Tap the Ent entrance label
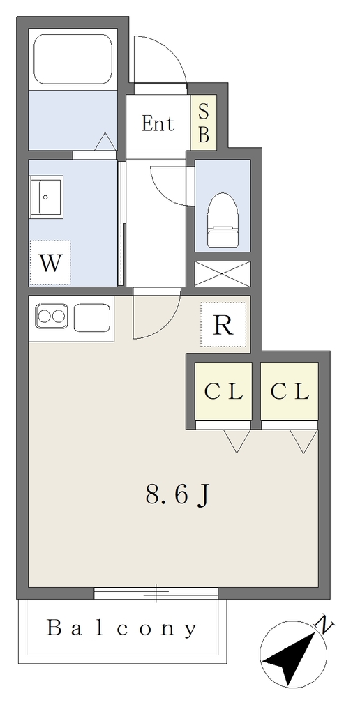[158, 123]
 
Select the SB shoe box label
[204, 123]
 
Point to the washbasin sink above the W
[45, 198]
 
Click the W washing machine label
[50, 263]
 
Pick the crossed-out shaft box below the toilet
[223, 273]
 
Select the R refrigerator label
[223, 325]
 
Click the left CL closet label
[223, 392]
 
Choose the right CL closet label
[290, 392]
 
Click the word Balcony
[122, 629]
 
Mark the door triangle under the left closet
[237, 441]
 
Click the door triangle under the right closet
[304, 441]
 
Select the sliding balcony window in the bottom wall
[156, 593]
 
